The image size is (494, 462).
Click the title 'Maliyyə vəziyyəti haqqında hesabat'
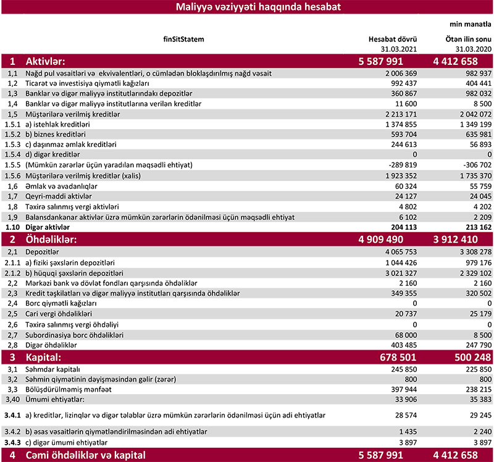246,8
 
